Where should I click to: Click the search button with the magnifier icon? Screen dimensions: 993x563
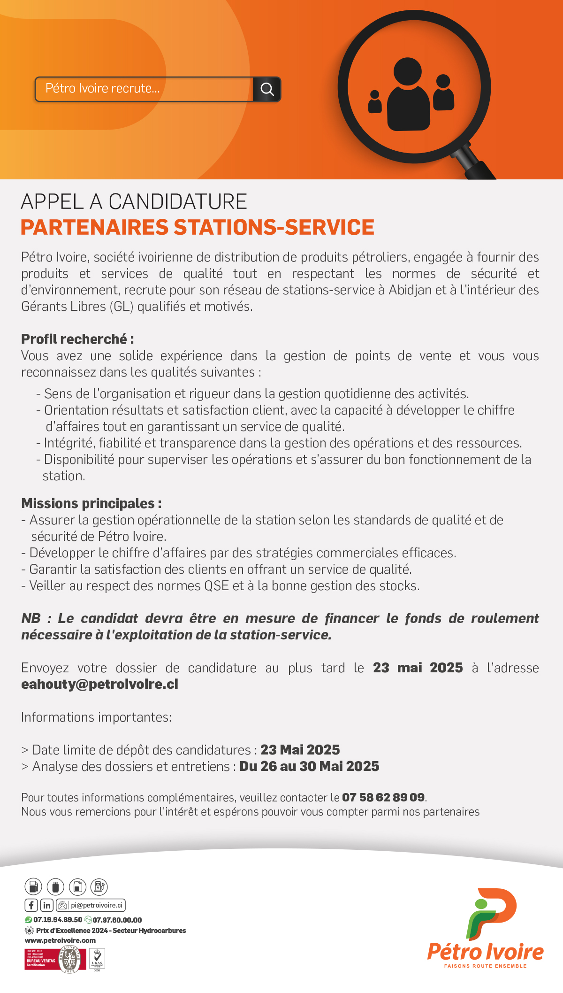(267, 89)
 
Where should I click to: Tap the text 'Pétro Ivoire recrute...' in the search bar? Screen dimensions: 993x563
(103, 88)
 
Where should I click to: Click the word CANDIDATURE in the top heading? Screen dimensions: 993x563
(178, 202)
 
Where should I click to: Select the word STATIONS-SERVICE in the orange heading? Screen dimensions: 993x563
(274, 227)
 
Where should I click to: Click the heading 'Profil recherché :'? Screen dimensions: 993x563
(77, 339)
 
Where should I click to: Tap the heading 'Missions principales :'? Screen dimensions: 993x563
(91, 503)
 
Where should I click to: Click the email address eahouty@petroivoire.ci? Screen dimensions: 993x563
(99, 684)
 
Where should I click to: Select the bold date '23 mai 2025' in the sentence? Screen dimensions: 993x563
(418, 668)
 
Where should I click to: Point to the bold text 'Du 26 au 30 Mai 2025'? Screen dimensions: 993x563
(309, 766)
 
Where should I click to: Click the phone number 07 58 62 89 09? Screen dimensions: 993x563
(383, 797)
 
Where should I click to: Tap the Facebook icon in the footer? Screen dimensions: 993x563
(31, 905)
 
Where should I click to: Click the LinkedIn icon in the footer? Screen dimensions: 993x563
(47, 905)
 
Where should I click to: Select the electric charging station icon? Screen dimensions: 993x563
(99, 886)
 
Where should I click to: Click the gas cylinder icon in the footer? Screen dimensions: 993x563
(55, 886)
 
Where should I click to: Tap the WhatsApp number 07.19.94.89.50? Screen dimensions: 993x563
(57, 920)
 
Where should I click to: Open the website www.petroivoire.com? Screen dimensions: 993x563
(60, 940)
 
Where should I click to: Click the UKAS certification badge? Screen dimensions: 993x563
(97, 958)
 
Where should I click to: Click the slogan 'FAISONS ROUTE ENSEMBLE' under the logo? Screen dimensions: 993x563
(485, 966)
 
